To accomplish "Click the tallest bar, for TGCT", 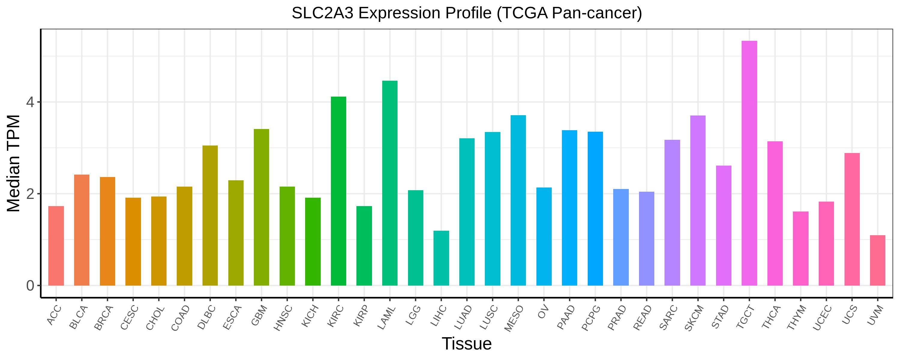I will coord(749,163).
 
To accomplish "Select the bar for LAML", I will coord(390,183).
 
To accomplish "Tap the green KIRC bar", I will coord(338,191).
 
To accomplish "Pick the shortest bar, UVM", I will coord(877,260).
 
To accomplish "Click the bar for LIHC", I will coord(441,258).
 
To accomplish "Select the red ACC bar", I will coord(56,246).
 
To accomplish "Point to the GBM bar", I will coord(261,207).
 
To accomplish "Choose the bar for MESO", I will coord(518,200).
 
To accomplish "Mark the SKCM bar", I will coord(698,200).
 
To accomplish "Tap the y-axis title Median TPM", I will coord(14,163).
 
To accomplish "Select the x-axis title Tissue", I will coord(466,343).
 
